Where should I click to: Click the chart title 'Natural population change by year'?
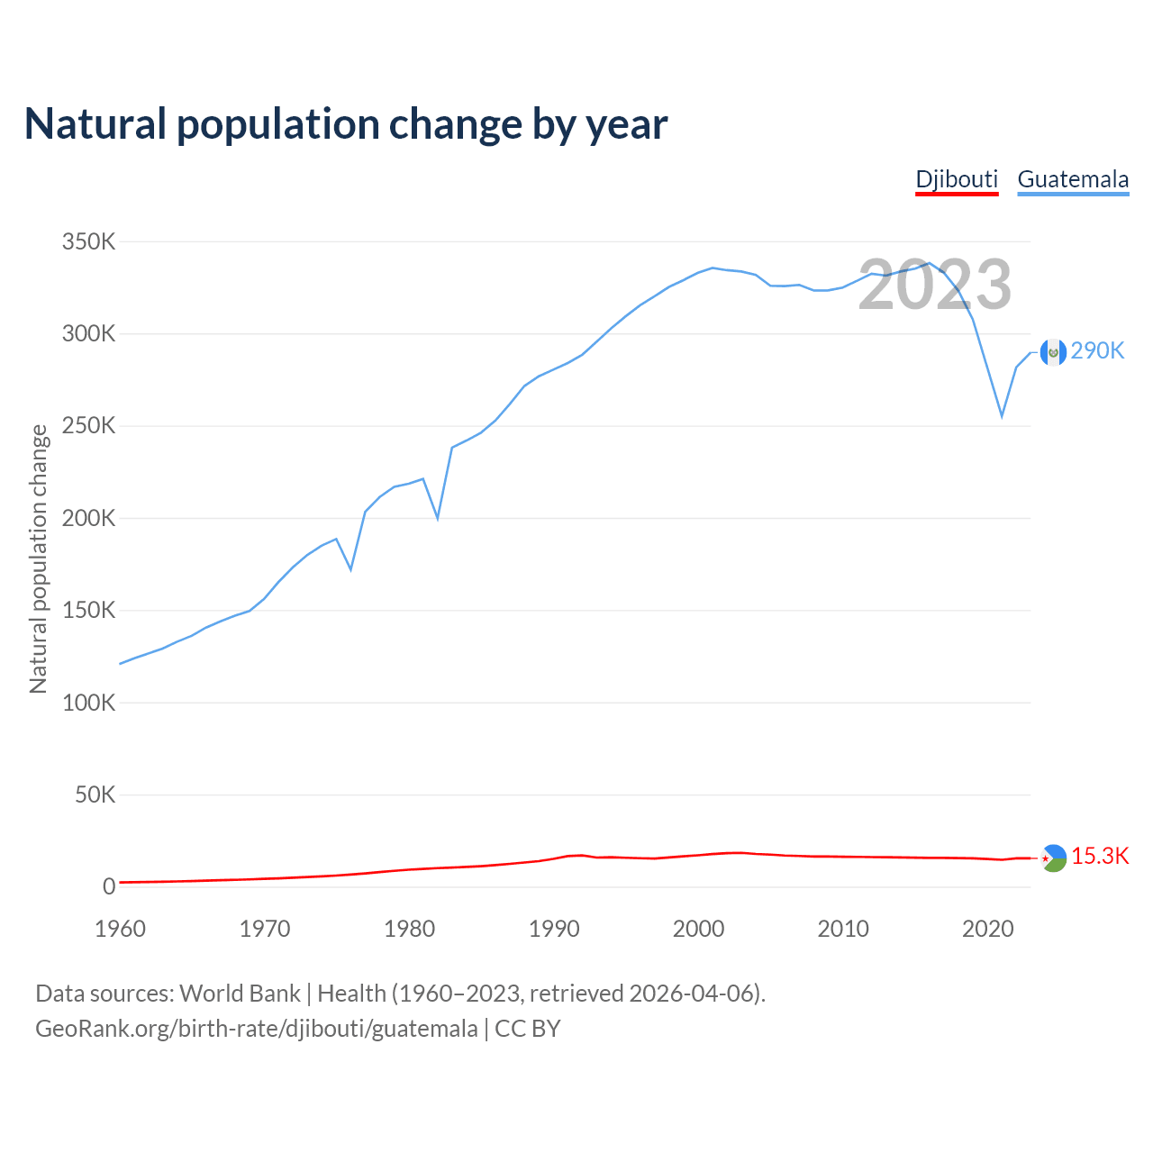(346, 124)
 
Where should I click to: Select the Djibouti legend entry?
(957, 179)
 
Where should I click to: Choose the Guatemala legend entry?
(1073, 179)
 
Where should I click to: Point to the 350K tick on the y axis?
(88, 242)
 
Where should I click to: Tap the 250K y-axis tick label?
(88, 426)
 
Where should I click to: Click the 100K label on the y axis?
(88, 703)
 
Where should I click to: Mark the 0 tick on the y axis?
(109, 886)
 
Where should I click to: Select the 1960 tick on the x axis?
(120, 929)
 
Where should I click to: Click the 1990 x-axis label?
(554, 929)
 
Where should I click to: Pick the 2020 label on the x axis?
(988, 929)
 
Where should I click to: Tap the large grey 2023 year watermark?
(935, 286)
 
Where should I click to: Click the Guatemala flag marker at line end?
(1053, 352)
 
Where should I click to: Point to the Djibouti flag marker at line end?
(1053, 858)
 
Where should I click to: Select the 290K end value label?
(1098, 351)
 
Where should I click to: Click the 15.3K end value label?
(1100, 857)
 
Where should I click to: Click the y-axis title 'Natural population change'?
(38, 559)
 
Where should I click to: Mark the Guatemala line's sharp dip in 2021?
(1002, 416)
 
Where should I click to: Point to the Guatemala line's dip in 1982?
(438, 518)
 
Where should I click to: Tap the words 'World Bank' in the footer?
(240, 994)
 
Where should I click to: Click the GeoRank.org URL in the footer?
(257, 1029)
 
